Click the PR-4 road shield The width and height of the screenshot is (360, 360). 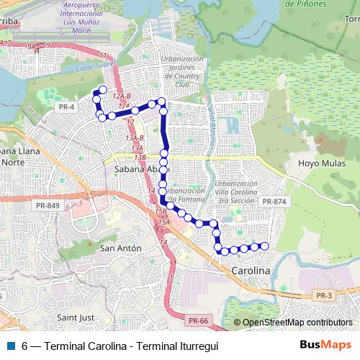[66, 106]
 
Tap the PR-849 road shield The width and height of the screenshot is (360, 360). [48, 206]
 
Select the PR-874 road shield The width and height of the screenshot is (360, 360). [275, 201]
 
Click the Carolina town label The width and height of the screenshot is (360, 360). [251, 271]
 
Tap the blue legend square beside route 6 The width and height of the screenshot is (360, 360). [10, 346]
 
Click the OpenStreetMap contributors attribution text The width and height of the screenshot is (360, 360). [297, 323]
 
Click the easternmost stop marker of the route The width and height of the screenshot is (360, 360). [264, 246]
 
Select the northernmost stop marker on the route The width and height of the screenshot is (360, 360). [103, 89]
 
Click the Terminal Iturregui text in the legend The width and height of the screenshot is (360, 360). [177, 346]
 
